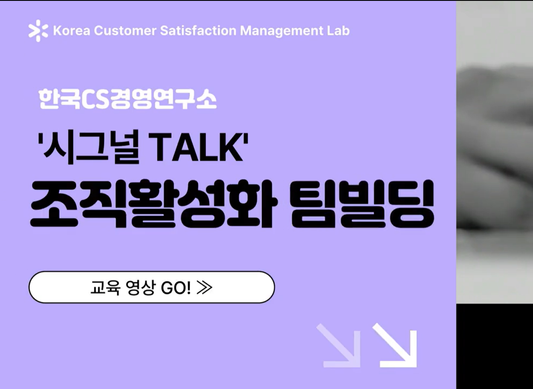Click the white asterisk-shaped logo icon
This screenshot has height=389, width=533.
coord(38,31)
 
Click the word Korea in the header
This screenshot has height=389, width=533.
coord(72,31)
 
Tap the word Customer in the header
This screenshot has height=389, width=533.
coord(125,31)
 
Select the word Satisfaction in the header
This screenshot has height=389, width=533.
coord(198,31)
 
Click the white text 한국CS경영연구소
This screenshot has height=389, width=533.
coord(128,99)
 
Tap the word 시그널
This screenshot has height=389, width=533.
coord(91,147)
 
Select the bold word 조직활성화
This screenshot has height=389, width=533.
coord(154,204)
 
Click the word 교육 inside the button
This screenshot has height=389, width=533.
coord(105,288)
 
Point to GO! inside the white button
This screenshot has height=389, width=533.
coord(176,288)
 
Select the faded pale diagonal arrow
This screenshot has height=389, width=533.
coord(338,346)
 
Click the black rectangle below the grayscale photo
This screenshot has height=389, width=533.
coord(495,346)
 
